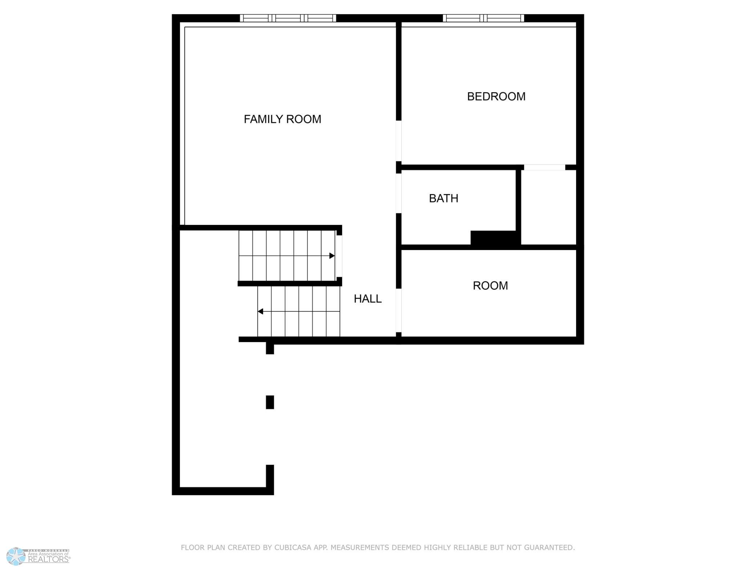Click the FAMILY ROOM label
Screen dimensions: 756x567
[x=282, y=119]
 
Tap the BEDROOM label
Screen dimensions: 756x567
[x=496, y=96]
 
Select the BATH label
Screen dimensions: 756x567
[x=443, y=198]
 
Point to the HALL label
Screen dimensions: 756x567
[x=367, y=298]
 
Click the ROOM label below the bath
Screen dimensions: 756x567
[x=490, y=285]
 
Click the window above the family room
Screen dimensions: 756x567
[x=288, y=18]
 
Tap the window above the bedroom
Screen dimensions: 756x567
[x=483, y=18]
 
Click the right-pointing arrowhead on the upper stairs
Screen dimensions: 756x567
[x=332, y=256]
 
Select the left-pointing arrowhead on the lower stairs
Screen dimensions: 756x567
[x=260, y=311]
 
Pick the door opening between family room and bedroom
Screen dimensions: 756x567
[x=399, y=141]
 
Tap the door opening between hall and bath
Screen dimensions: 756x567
[x=399, y=193]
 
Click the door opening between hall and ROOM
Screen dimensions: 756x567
[x=399, y=310]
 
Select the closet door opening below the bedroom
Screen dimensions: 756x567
[x=544, y=167]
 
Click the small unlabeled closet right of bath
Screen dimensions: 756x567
[x=548, y=207]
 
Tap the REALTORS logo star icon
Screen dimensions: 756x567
[x=16, y=556]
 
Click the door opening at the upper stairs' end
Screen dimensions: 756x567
[x=339, y=256]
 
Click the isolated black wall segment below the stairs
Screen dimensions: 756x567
[x=270, y=402]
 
